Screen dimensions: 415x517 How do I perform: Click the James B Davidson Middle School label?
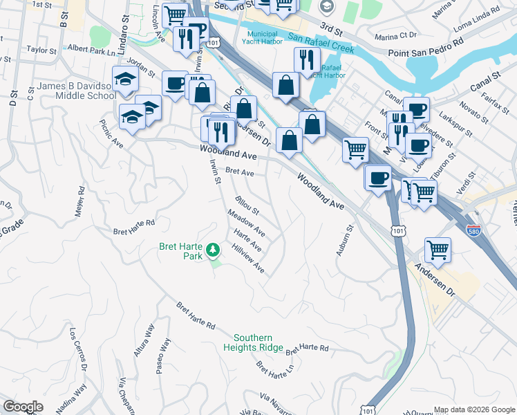point(76,91)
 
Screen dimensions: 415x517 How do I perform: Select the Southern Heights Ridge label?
point(253,342)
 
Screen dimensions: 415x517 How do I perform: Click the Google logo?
point(23,407)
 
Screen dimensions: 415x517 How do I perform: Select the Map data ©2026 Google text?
point(474,409)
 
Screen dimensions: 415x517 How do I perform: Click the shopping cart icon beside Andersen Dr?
point(438,250)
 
